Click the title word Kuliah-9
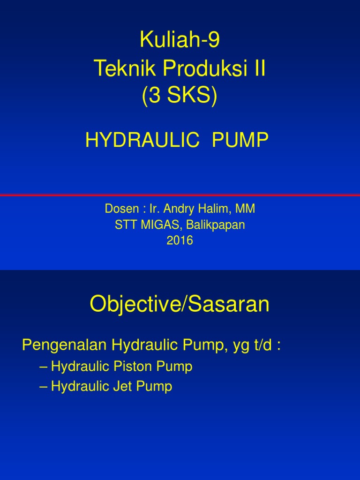[180, 41]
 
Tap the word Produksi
[201, 69]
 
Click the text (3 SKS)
[180, 97]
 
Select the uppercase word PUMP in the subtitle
[240, 140]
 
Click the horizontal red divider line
[180, 195]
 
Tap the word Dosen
[119, 210]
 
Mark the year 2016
[180, 240]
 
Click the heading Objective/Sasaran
[180, 306]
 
